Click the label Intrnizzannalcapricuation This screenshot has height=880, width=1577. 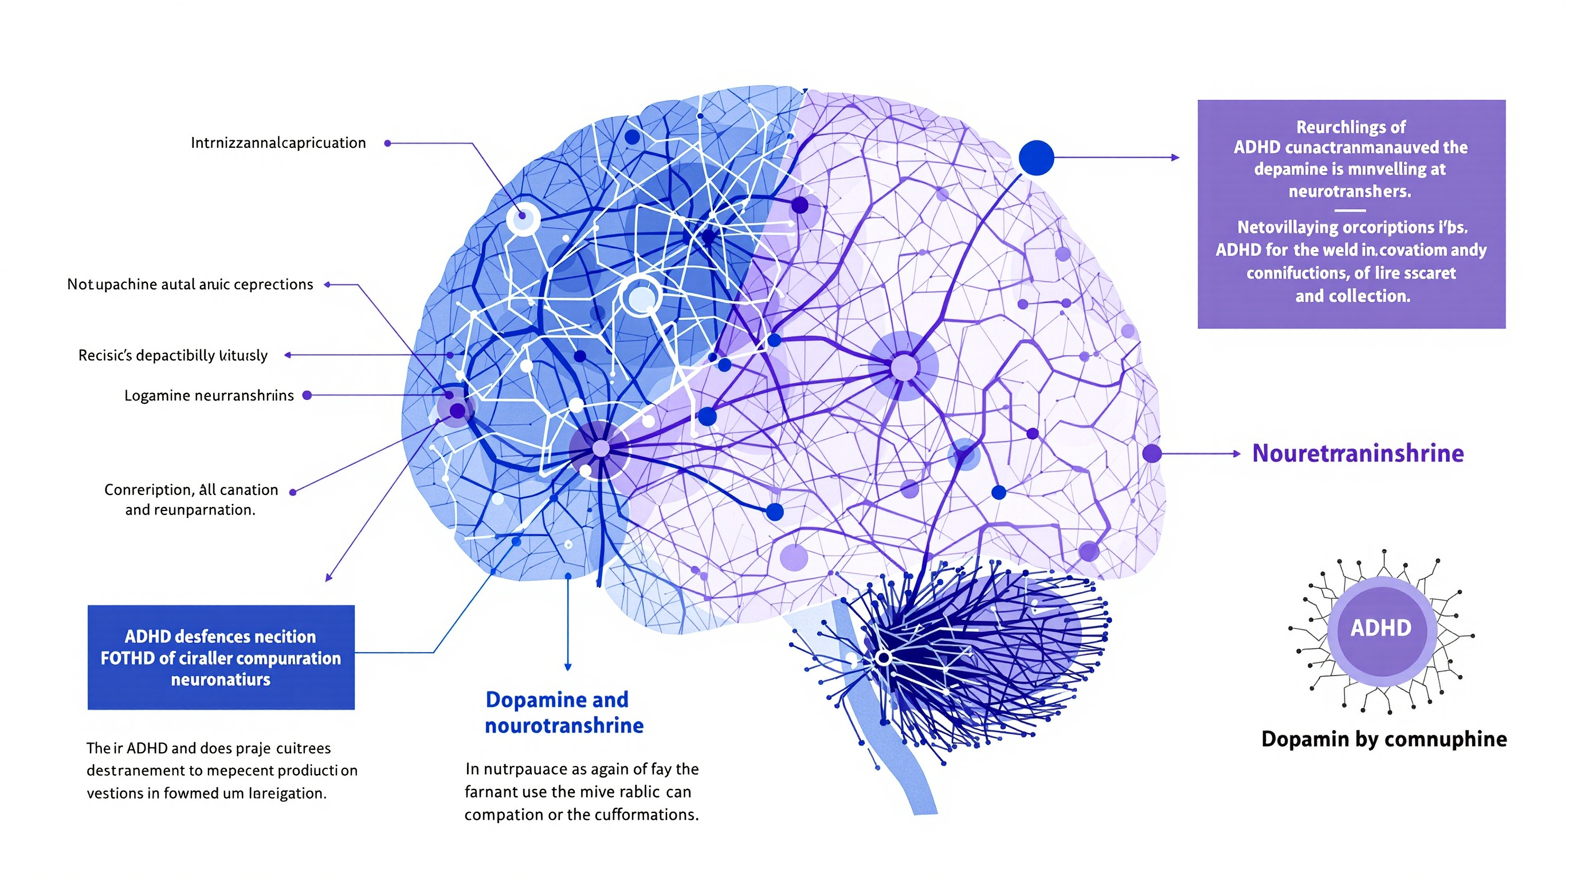coord(278,143)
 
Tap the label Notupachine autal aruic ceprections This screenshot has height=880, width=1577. coord(190,285)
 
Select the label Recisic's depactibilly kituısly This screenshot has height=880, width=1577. coord(172,356)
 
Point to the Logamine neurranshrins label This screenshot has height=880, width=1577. coord(209,396)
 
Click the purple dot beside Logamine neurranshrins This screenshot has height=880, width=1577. coord(307,395)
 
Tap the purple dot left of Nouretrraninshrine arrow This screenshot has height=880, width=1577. coord(1152,453)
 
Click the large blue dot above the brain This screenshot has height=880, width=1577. coord(1036,158)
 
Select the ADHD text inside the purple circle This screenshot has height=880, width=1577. coord(1380,628)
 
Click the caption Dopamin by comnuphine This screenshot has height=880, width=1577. coord(1383,739)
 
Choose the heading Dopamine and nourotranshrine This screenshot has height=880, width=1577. coord(564,712)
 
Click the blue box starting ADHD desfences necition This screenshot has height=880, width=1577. coord(221,658)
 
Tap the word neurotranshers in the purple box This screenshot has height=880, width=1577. coord(1350,191)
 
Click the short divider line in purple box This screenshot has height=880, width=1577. coord(1350,210)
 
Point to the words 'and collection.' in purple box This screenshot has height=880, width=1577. coord(1352,296)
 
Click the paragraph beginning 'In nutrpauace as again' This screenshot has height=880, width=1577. coord(581,792)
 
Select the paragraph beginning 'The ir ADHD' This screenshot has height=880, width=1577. coord(221,771)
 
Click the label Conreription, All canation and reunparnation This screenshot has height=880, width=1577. coord(191,500)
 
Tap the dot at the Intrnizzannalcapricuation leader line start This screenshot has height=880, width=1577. coord(387,143)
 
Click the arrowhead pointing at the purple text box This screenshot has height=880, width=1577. coord(1175,158)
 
